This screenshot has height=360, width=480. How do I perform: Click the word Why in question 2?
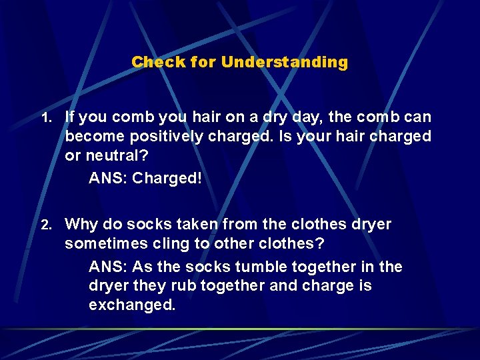(x=81, y=224)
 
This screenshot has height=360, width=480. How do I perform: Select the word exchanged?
(x=132, y=305)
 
